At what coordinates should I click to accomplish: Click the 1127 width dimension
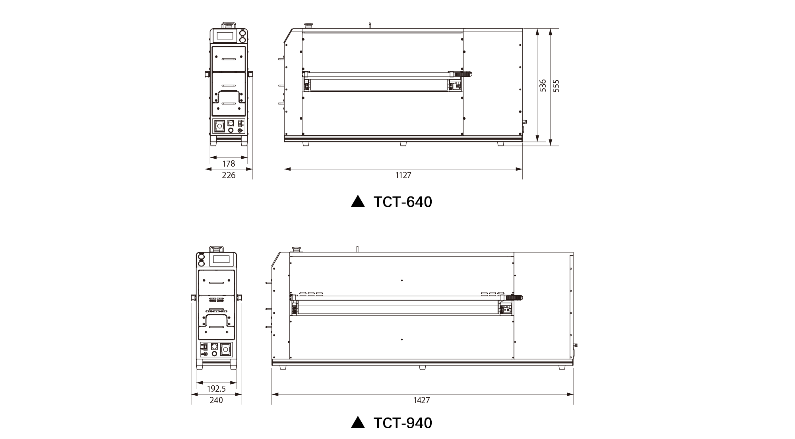coord(403,175)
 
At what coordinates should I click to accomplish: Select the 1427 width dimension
coord(422,400)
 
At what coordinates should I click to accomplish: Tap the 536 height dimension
coord(543,85)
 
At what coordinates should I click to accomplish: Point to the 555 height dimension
coord(556,86)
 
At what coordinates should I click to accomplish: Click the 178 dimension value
coord(229,163)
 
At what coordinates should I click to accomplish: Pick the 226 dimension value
coord(229,175)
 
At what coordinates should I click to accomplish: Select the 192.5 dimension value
coord(216,388)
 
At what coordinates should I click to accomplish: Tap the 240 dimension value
coord(216,400)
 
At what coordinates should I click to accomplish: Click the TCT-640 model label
coord(403,202)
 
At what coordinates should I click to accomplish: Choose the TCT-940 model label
coord(403,423)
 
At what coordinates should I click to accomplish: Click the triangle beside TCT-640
coord(358,202)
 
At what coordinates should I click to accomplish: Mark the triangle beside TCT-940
coord(358,422)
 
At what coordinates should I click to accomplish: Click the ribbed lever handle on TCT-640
coord(463,74)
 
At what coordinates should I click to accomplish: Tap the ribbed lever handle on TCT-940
coord(514,297)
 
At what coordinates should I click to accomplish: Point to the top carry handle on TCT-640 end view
coord(229,25)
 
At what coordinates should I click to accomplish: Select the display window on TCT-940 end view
coord(221,260)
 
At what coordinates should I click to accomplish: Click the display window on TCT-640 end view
coord(225,36)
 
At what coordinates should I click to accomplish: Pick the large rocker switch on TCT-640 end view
coord(219,126)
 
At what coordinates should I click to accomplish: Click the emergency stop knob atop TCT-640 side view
coord(308,26)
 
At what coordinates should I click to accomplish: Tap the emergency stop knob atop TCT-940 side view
coord(296,249)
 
